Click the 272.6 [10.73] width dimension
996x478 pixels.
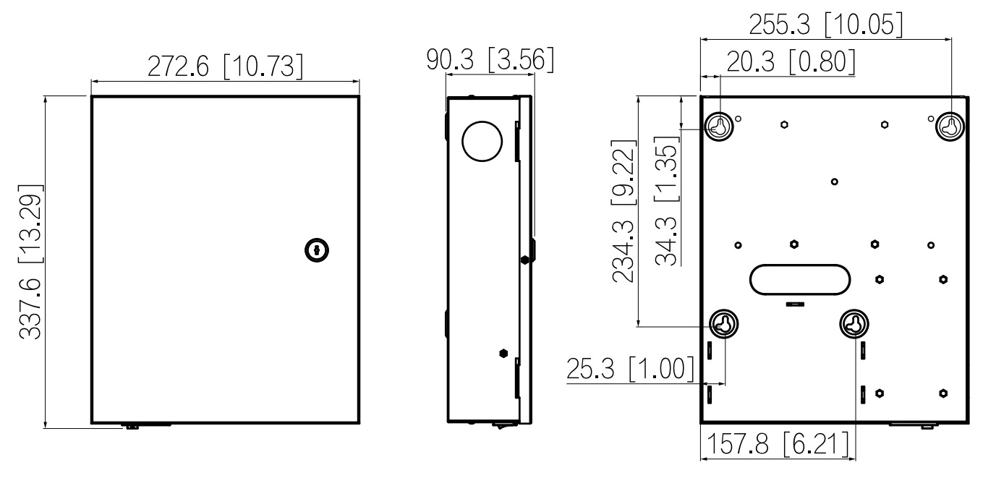click(x=225, y=67)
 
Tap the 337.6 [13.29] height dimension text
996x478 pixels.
click(x=30, y=262)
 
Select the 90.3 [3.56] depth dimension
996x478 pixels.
click(x=490, y=59)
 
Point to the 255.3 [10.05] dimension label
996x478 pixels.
click(x=826, y=25)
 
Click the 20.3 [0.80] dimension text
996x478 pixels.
click(x=791, y=61)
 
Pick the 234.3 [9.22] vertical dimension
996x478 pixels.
click(x=623, y=211)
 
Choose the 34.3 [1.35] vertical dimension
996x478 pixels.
click(x=667, y=200)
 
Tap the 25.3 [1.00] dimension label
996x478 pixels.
click(x=630, y=369)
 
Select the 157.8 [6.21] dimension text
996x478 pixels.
click(x=778, y=443)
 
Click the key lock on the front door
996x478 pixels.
click(x=317, y=250)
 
